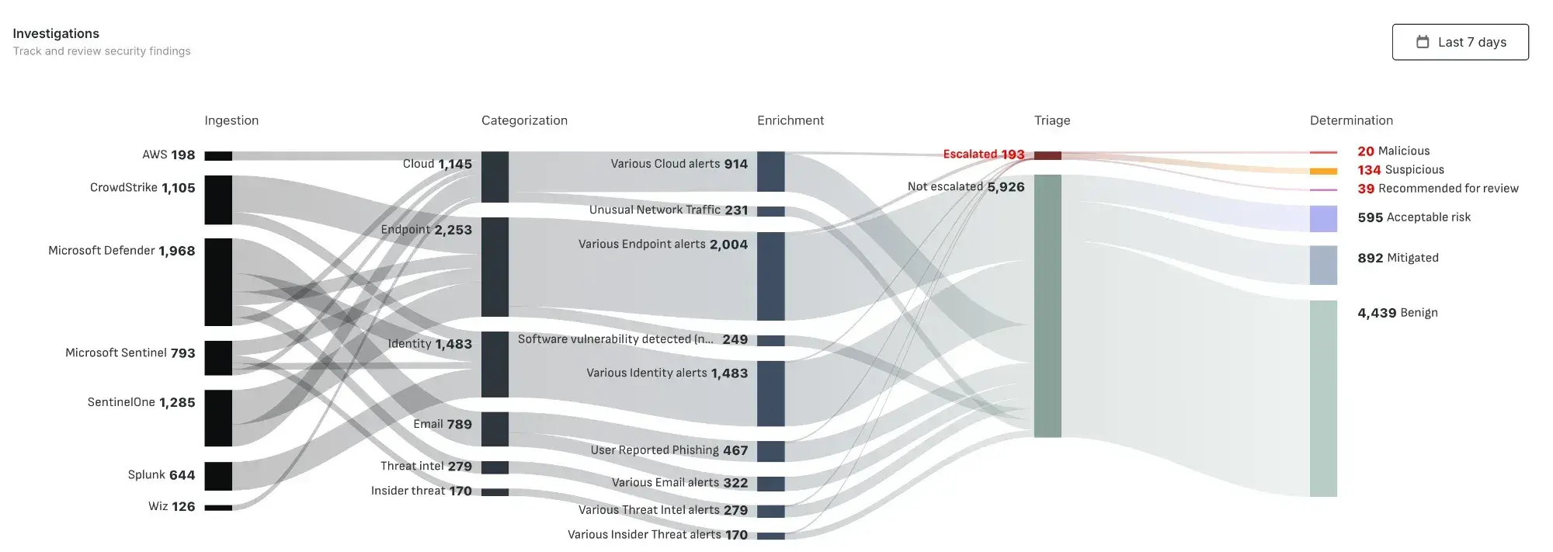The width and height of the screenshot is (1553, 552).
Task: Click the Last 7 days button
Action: click(x=1460, y=42)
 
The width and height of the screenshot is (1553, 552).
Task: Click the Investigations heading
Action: click(x=56, y=33)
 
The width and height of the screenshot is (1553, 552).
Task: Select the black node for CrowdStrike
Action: click(x=218, y=200)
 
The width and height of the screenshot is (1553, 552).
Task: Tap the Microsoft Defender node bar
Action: click(x=218, y=282)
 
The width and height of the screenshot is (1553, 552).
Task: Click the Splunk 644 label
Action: click(x=162, y=474)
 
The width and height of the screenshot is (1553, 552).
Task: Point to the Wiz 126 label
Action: click(x=172, y=506)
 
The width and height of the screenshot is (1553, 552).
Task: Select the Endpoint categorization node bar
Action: click(x=495, y=266)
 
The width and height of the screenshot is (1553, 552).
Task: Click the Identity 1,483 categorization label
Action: click(x=429, y=344)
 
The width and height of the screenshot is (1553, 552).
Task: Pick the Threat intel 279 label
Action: click(x=426, y=466)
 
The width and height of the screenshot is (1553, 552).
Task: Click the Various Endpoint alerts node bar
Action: click(x=770, y=276)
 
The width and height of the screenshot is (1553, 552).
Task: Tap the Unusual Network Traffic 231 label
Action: click(x=668, y=210)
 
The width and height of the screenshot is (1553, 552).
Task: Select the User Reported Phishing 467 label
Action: click(x=669, y=450)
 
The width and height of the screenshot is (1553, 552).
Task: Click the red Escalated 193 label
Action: click(x=983, y=154)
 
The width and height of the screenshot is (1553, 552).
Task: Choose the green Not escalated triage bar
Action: click(x=1047, y=306)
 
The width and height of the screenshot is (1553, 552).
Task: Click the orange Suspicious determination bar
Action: click(x=1323, y=171)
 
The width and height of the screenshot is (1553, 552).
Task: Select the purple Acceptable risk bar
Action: click(x=1323, y=219)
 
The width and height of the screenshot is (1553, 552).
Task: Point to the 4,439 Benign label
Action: click(x=1397, y=313)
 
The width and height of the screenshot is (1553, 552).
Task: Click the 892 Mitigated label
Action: click(x=1398, y=258)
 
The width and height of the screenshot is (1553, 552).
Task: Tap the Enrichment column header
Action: click(x=790, y=120)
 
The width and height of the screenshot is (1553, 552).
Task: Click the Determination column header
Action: click(x=1351, y=120)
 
